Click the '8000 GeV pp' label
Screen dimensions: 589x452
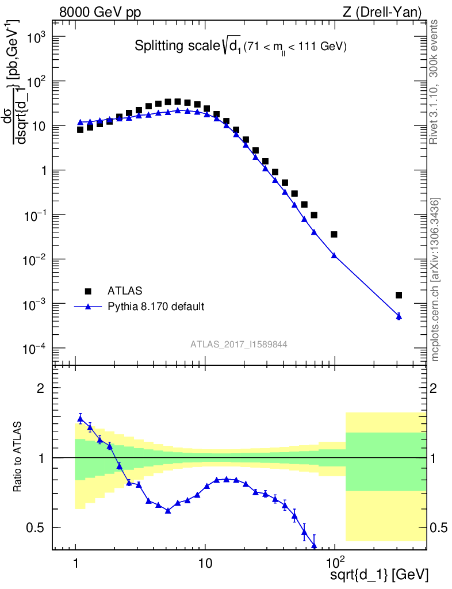pos(95,12)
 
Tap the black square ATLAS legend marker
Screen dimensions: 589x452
pos(88,290)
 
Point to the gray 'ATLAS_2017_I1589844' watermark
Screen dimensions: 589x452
pos(239,344)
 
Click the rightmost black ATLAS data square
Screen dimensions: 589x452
pos(399,295)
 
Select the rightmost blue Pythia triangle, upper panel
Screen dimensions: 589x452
pos(399,316)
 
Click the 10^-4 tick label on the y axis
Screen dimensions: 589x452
pos(40,349)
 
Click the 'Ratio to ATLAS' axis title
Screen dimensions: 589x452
pos(18,458)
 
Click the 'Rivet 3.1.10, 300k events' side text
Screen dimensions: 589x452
pos(435,82)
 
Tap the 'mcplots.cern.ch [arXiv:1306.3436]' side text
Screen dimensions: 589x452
pos(435,279)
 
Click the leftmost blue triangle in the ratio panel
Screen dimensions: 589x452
pos(80,418)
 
